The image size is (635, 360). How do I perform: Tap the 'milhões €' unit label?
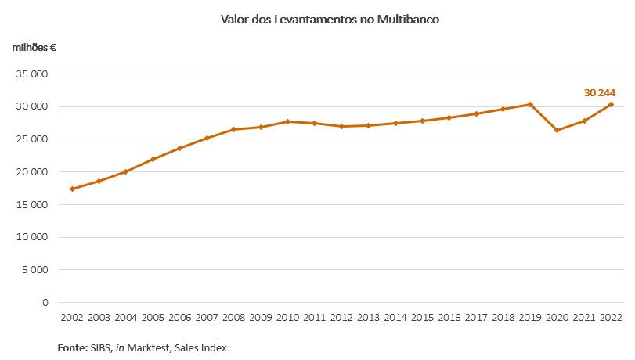34,47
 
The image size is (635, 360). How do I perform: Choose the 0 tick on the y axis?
45,303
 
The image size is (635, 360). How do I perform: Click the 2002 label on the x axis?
73,318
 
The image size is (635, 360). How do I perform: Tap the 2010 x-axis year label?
287,318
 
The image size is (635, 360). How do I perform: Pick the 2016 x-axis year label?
449,318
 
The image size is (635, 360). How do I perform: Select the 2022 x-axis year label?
611,318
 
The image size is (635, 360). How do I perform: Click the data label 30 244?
599,92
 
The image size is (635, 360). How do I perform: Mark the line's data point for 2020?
557,130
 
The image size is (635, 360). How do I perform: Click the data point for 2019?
530,104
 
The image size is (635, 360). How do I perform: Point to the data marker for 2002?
73,189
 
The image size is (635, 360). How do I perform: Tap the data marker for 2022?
611,104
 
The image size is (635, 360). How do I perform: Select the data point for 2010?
287,121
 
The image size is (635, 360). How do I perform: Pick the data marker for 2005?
153,159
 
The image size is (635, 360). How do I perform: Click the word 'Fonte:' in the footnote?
73,347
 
